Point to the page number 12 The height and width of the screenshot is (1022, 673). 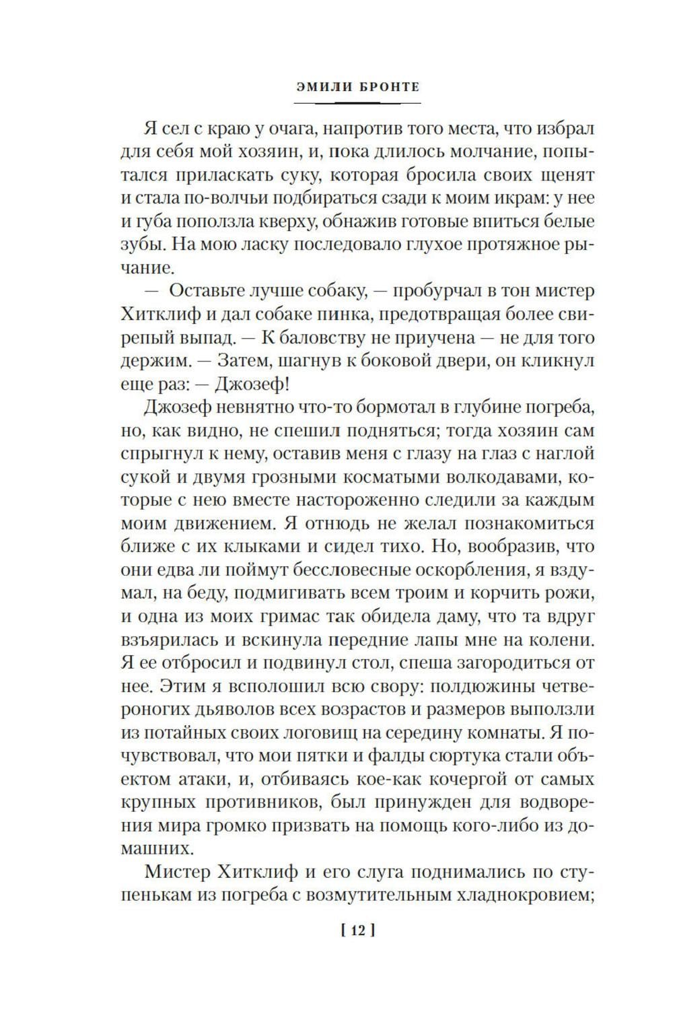coord(357,931)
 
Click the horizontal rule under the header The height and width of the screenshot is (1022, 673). coord(357,103)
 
